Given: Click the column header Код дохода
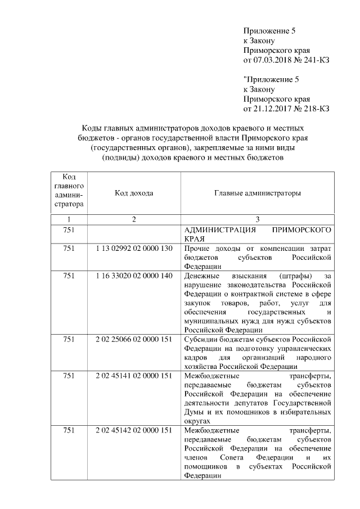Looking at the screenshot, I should tap(134, 193).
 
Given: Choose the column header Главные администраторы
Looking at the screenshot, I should tap(257, 193).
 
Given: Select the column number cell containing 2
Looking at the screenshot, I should tap(134, 219).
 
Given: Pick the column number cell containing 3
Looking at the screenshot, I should tap(257, 219).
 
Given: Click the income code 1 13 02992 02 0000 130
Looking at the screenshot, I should tap(134, 248).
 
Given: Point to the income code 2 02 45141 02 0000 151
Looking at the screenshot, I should tap(134, 376).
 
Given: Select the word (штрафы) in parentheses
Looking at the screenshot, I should tap(293, 276).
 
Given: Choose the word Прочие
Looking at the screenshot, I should tap(197, 248).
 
